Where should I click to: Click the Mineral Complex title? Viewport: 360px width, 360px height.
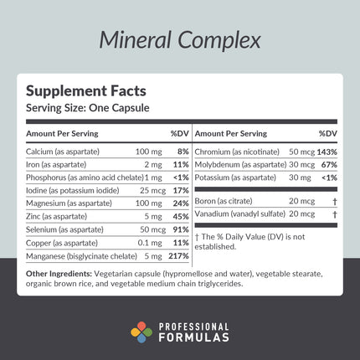point(180,39)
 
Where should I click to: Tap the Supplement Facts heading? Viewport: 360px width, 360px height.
point(76,92)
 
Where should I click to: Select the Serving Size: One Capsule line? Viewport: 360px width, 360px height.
point(80,108)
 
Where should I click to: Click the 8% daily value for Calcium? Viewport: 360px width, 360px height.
point(183,151)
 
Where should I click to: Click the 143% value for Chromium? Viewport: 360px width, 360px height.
point(327,151)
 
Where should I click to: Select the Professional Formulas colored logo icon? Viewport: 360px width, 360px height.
point(141,332)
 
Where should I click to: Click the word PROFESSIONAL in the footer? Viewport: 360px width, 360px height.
point(198,327)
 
